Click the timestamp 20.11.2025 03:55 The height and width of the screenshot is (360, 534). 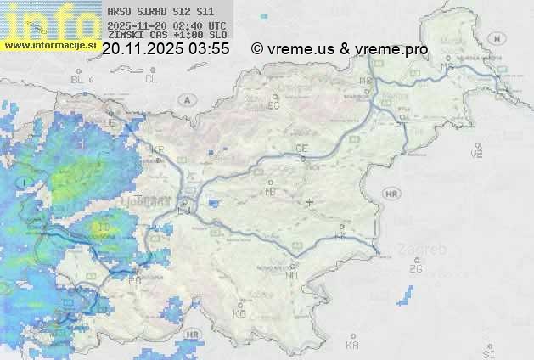pyautogui.click(x=165, y=49)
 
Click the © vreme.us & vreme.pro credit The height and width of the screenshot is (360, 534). pyautogui.click(x=340, y=49)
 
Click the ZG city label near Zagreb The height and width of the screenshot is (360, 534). pyautogui.click(x=415, y=269)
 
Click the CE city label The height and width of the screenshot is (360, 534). pyautogui.click(x=301, y=149)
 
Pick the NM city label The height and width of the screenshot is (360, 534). pyautogui.click(x=293, y=276)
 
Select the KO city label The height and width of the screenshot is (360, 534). pyautogui.click(x=239, y=313)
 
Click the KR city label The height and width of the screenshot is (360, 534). pyautogui.click(x=157, y=149)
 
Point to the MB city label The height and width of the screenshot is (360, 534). pyautogui.click(x=367, y=82)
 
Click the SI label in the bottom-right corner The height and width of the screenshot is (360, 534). pyautogui.click(x=487, y=351)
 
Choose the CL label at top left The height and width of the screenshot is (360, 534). pyautogui.click(x=151, y=79)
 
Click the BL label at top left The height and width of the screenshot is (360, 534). pyautogui.click(x=78, y=79)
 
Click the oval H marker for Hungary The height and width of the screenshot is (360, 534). pyautogui.click(x=501, y=38)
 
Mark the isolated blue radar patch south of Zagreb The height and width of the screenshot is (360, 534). pyautogui.click(x=408, y=295)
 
